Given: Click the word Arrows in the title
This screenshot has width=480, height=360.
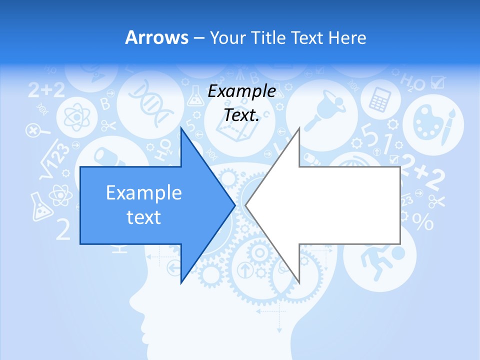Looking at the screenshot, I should (157, 37).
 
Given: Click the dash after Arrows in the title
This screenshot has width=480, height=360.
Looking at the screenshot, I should (198, 38).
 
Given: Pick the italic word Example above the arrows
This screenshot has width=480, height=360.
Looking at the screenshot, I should (241, 91).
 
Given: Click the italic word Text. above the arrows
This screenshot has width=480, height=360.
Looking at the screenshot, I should (241, 115).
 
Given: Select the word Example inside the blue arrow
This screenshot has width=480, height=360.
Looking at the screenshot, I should (143, 192).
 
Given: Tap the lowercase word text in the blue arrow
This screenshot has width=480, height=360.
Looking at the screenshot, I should (143, 217).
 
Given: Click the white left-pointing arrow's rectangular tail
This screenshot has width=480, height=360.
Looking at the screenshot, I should (350, 205).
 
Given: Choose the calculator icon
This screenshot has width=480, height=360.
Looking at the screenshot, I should (379, 99).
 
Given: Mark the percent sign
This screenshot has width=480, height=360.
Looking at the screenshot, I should (422, 221).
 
